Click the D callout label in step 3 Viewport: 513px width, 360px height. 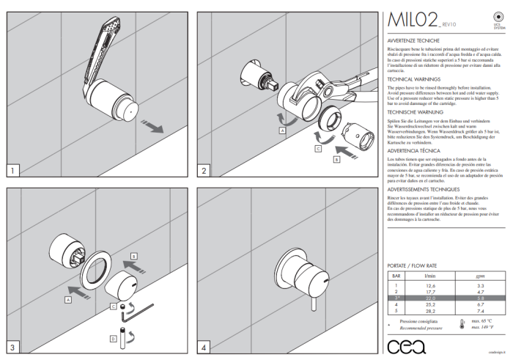(x=114, y=339)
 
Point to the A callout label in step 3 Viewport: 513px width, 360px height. (x=67, y=300)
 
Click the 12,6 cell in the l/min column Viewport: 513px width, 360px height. (x=430, y=285)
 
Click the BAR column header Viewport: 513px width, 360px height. (x=396, y=276)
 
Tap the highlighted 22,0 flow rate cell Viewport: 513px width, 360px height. (x=430, y=298)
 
